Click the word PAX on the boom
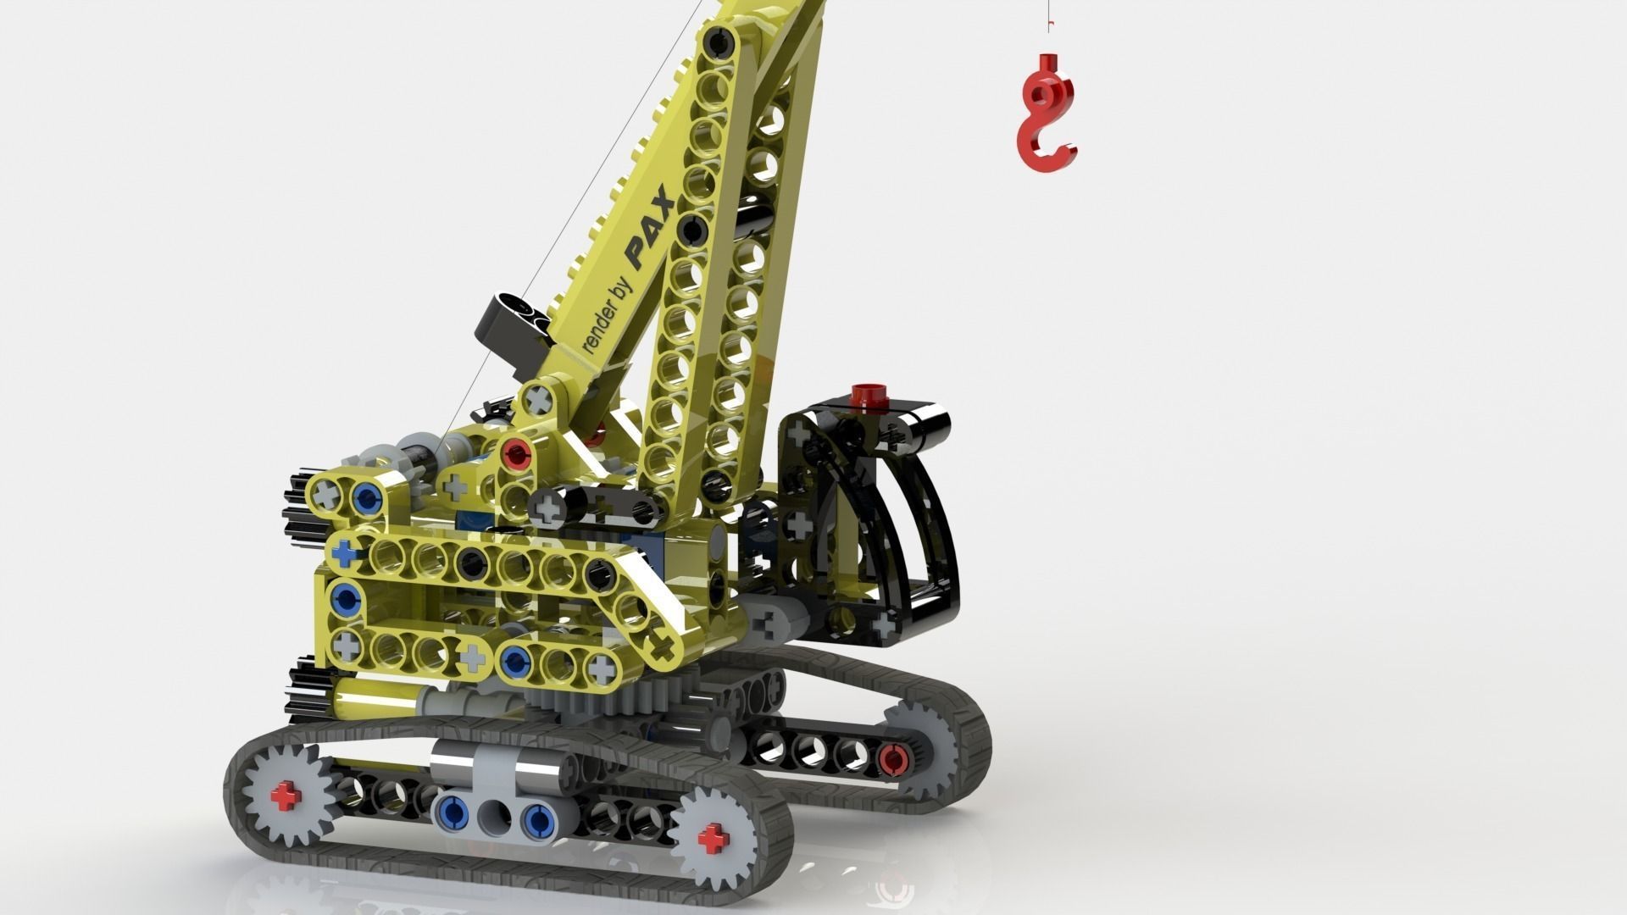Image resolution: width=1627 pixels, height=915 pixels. pos(649,228)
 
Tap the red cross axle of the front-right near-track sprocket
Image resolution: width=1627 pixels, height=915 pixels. pos(714,839)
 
